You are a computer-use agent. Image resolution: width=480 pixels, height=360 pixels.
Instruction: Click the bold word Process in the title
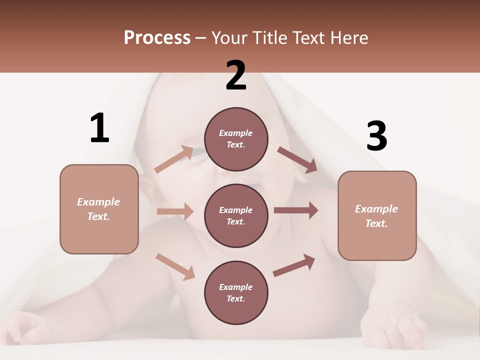[157, 37]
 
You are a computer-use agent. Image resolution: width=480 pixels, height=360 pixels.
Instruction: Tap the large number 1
[99, 128]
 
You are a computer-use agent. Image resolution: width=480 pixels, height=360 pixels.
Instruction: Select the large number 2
[236, 75]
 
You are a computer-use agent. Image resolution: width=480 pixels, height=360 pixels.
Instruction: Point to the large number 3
[376, 136]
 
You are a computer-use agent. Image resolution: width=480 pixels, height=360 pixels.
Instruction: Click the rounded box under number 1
[99, 209]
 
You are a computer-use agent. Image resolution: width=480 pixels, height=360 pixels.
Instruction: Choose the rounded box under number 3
[377, 215]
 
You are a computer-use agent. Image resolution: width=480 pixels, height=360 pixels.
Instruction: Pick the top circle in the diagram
[236, 139]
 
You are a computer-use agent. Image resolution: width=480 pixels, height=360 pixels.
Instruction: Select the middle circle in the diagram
[236, 215]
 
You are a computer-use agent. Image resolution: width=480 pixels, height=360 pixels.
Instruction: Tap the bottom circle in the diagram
[236, 292]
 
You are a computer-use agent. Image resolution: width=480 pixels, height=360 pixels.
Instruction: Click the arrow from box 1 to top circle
[174, 159]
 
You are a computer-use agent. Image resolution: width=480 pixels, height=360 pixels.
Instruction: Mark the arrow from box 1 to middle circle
[175, 211]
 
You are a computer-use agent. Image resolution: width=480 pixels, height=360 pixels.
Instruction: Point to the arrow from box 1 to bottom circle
[175, 266]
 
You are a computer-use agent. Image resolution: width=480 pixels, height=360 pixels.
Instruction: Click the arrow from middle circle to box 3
[295, 210]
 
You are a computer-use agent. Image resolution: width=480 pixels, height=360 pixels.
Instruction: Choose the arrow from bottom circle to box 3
[294, 265]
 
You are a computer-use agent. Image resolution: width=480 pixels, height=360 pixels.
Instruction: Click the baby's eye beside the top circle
[198, 151]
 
